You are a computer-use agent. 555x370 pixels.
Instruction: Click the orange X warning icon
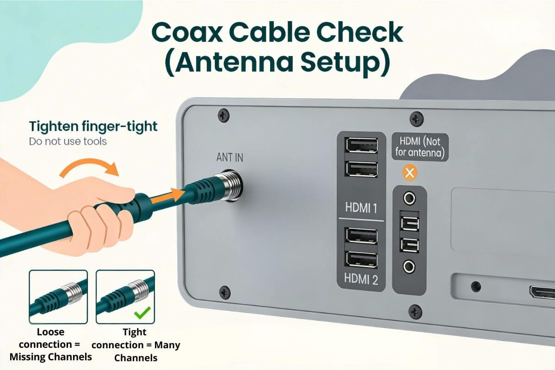click(409, 173)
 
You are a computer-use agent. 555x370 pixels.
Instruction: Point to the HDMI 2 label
click(361, 279)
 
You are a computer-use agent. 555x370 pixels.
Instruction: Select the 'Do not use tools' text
click(68, 141)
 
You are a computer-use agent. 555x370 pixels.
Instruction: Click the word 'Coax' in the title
click(200, 33)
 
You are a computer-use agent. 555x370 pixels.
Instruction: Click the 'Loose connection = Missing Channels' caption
click(51, 345)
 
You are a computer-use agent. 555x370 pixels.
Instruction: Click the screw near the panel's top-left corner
click(224, 114)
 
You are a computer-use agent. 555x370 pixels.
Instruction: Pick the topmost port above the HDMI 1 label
click(361, 146)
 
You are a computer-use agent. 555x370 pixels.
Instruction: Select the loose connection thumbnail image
click(58, 296)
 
